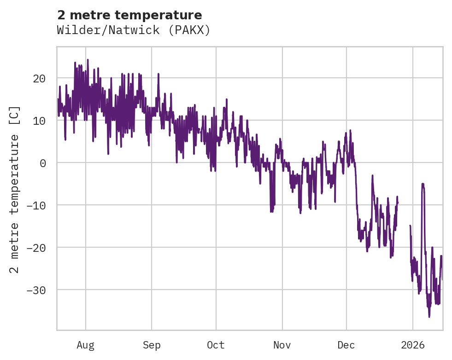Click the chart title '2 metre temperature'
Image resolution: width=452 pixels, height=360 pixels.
pos(129,15)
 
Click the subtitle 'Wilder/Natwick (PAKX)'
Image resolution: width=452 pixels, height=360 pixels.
pos(134,30)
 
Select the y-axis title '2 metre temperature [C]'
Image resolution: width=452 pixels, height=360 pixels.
pos(15,189)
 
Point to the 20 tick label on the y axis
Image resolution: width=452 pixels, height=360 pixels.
pos(39,78)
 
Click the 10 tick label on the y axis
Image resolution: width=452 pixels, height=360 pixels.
pos(39,121)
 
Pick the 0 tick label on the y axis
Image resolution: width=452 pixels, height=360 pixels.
pos(42,163)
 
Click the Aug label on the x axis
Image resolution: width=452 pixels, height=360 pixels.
pos(85,345)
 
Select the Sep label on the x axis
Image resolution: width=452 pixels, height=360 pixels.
pos(151,345)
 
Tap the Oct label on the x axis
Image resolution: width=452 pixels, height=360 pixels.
pos(216,345)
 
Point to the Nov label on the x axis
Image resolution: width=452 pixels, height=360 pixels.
pos(282,345)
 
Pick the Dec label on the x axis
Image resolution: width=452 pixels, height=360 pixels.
pos(346,345)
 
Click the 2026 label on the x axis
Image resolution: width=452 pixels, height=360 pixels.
pos(413,345)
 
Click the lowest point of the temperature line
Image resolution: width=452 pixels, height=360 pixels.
pos(429,317)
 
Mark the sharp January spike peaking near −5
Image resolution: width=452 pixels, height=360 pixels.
pos(423,184)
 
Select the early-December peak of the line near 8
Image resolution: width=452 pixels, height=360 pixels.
pos(350,131)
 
